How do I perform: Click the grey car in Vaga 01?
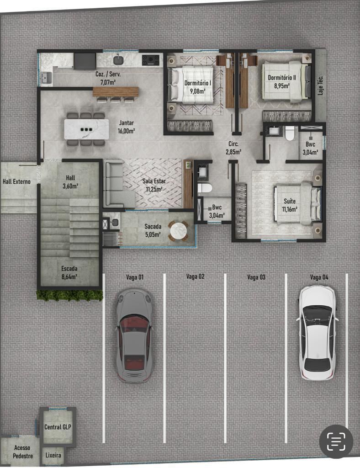pos(133,335)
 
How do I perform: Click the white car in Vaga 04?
pos(317,332)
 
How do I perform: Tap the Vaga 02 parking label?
pos(195,277)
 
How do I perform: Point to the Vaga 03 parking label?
pos(256,277)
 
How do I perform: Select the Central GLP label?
pos(58,427)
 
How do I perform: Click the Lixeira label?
pos(53,456)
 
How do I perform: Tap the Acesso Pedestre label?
pos(22,452)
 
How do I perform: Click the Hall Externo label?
pos(16,181)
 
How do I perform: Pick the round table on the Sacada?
pos(178,231)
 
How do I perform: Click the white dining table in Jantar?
pos(87,129)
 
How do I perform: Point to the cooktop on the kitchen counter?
pos(151,60)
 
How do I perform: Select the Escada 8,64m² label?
pos(69,272)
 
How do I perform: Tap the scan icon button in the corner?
pos(336,441)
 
